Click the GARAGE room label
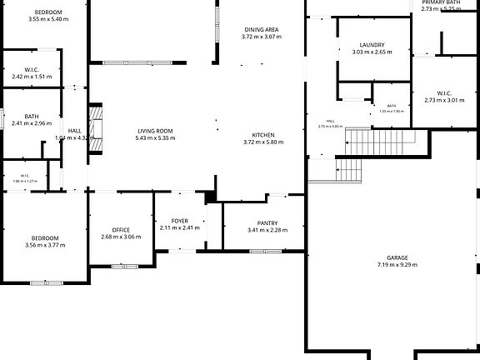tap(397, 257)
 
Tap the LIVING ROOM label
tap(154, 131)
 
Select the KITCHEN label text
tap(263, 135)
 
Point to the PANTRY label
tap(267, 222)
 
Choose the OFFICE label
tap(121, 230)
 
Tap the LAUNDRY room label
tap(372, 44)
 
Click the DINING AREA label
tap(261, 29)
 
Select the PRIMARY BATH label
tap(441, 2)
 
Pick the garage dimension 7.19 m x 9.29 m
tap(397, 265)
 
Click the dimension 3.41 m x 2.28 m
tap(267, 230)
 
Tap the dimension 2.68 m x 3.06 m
tap(121, 237)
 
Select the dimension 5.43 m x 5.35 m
tap(154, 138)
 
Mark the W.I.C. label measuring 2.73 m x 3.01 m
tap(443, 92)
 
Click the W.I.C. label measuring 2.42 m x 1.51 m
tap(32, 69)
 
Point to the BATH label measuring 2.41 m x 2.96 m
tap(32, 117)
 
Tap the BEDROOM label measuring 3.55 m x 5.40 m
tap(47, 12)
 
